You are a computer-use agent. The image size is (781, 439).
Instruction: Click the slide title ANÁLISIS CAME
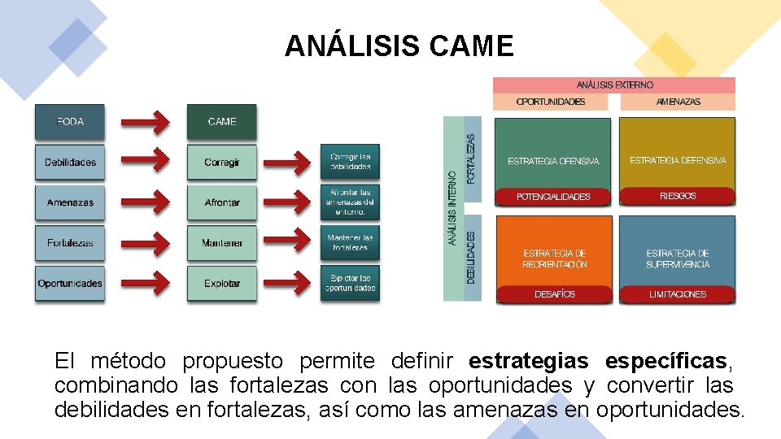click(399, 46)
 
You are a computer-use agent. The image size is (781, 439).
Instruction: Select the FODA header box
click(70, 122)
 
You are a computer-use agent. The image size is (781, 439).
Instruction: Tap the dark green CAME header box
click(221, 122)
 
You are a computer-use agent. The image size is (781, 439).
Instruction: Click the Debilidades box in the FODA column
click(70, 163)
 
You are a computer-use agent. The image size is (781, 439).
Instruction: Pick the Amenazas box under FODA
click(70, 202)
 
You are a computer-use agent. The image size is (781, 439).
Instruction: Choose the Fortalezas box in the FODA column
click(70, 243)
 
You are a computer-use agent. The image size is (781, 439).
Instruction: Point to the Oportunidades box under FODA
click(70, 284)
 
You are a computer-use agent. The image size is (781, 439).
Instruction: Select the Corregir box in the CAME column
click(221, 163)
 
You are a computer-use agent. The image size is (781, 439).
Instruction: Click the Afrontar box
click(221, 202)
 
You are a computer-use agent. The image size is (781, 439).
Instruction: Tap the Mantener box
click(221, 243)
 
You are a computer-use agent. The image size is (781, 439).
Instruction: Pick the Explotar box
click(221, 284)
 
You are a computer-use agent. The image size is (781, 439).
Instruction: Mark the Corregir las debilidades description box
click(350, 162)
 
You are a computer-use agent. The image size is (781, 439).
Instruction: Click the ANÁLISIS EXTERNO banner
click(614, 85)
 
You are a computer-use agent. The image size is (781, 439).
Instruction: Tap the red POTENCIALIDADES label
click(553, 197)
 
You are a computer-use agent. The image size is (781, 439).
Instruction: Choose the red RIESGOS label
click(677, 196)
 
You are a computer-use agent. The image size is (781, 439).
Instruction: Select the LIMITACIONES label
click(677, 294)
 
